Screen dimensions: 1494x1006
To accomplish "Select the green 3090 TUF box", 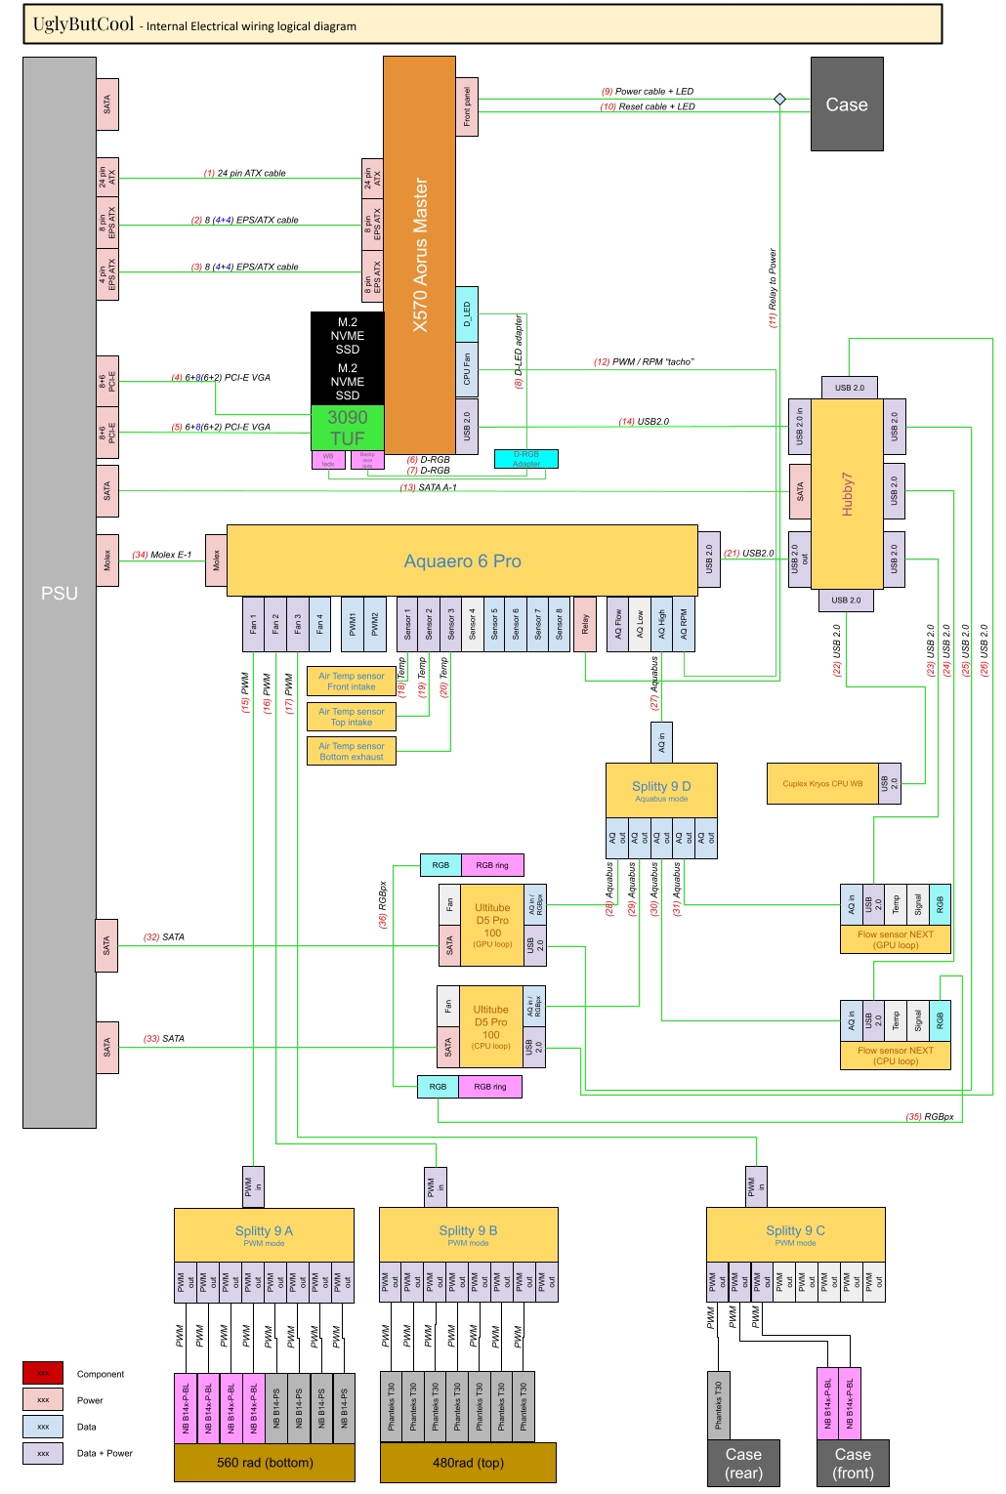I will pos(347,428).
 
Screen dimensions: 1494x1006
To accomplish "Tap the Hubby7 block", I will pos(847,493).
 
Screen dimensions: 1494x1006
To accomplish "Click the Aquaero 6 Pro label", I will pos(462,561).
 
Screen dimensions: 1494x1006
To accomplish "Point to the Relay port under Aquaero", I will pos(585,624).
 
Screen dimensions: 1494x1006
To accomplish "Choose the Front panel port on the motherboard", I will pos(467,106).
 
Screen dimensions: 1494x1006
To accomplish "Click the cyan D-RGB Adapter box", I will pos(526,458).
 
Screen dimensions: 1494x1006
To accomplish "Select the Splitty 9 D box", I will pos(661,790).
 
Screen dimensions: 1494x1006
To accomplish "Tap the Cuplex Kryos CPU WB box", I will pos(822,783).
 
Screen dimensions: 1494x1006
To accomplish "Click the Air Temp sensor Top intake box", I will pos(351,717).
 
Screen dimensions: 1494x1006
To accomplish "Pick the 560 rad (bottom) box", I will pos(265,1463).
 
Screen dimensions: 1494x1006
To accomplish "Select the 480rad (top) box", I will pos(468,1463).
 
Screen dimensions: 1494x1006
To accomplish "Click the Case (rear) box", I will pos(743,1463).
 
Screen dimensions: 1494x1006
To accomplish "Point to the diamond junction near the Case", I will pos(779,99).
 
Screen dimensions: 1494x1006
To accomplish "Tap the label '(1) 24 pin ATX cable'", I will pos(245,173).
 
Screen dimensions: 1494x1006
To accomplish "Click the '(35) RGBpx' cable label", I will pos(930,1116).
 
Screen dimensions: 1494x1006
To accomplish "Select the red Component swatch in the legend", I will pos(43,1373).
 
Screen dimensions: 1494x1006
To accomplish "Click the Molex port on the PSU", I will pos(107,560).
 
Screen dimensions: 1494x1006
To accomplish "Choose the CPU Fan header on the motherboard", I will pos(467,369).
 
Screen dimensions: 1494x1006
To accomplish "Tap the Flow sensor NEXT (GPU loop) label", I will pos(896,939).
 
